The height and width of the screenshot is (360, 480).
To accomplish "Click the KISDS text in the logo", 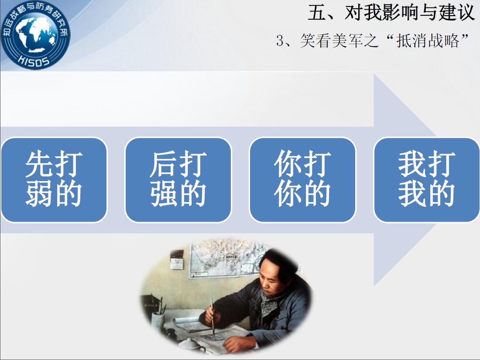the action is tap(34, 60).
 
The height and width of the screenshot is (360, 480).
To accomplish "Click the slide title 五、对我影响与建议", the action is tap(391, 13).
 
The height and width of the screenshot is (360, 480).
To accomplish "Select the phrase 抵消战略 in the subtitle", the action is tap(428, 41).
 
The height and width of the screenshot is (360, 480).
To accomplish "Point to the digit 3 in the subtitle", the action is tap(280, 41).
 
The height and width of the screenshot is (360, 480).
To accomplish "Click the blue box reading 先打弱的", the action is tap(54, 180).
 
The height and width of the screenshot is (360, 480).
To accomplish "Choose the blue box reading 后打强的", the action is tap(178, 180).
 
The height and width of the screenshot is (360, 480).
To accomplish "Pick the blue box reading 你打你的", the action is tap(302, 180).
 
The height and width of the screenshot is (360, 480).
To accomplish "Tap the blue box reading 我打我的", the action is tap(426, 180).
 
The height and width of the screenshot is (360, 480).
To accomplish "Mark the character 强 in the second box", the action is tap(164, 194).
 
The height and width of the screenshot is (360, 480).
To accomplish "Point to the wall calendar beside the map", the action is tap(177, 260).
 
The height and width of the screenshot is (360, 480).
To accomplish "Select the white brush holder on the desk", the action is tap(158, 322).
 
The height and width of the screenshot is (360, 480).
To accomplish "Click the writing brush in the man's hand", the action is tap(212, 316).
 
